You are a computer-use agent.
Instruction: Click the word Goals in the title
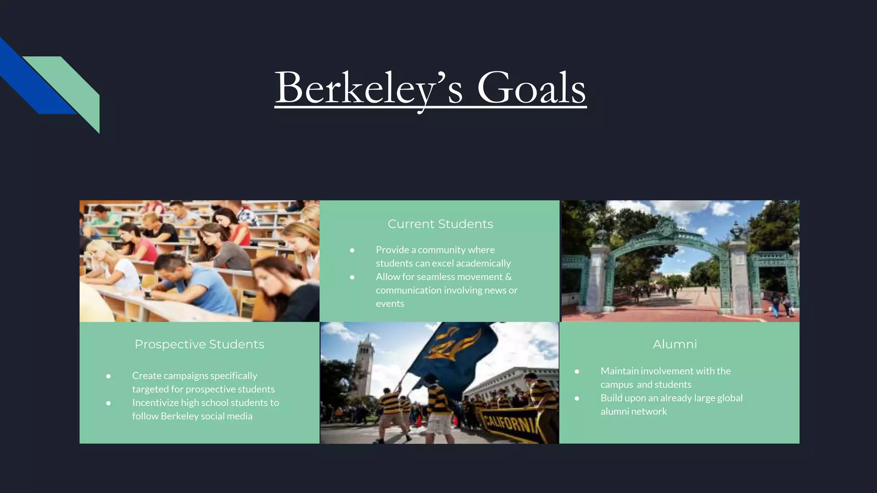pyautogui.click(x=531, y=88)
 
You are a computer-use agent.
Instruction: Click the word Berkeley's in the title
pyautogui.click(x=368, y=88)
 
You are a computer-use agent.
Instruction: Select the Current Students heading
pyautogui.click(x=440, y=224)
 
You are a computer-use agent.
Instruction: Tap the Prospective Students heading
pyautogui.click(x=199, y=344)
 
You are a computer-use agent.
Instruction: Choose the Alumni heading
pyautogui.click(x=675, y=344)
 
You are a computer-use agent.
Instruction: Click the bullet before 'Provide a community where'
pyautogui.click(x=352, y=250)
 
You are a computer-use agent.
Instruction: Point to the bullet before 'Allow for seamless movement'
pyautogui.click(x=352, y=277)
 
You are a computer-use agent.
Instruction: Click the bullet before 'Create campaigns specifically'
pyautogui.click(x=108, y=376)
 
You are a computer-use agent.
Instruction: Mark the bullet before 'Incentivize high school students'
pyautogui.click(x=108, y=403)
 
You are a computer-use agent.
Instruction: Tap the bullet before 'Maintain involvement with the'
pyautogui.click(x=577, y=371)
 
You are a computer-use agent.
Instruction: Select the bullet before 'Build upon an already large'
pyautogui.click(x=577, y=398)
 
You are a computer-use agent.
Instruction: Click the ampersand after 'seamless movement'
pyautogui.click(x=508, y=277)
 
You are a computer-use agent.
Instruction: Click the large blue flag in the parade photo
pyautogui.click(x=454, y=351)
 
